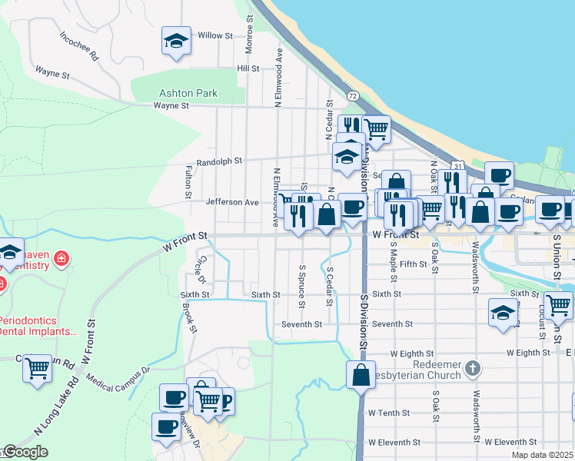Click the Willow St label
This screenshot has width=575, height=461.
(214, 35)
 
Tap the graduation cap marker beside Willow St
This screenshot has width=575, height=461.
(176, 41)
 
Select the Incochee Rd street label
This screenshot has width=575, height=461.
(80, 45)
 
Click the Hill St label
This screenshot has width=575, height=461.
(248, 68)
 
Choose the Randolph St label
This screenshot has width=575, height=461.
(219, 161)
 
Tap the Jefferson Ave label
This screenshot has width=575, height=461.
(232, 202)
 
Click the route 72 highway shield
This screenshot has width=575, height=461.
(352, 95)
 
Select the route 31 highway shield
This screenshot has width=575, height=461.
(457, 166)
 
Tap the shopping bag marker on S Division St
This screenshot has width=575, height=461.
(361, 375)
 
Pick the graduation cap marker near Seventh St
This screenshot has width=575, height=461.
(504, 313)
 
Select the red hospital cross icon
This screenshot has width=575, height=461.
(61, 260)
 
